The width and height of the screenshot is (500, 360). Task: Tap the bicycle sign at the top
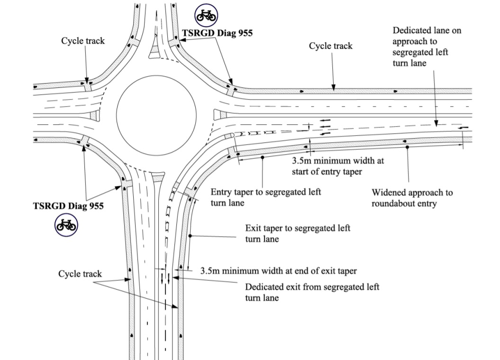[206, 15]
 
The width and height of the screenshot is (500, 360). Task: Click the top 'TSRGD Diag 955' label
[218, 33]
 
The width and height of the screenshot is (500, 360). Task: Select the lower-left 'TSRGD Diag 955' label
[68, 206]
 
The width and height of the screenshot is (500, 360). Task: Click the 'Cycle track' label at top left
[83, 41]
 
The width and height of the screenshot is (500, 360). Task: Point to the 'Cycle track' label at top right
[331, 46]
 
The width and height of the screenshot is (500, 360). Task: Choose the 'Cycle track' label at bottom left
[80, 274]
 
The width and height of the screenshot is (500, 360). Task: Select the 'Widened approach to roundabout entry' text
[412, 198]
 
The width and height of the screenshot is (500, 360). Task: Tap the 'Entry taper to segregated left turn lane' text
[266, 197]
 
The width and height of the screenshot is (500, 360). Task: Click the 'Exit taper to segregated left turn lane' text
[298, 233]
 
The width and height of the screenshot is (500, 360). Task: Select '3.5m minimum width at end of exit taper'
[278, 271]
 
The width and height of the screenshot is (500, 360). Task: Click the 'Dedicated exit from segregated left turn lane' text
[312, 292]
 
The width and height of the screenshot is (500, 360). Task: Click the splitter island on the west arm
[93, 115]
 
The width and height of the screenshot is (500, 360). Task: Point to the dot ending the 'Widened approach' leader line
[407, 148]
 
